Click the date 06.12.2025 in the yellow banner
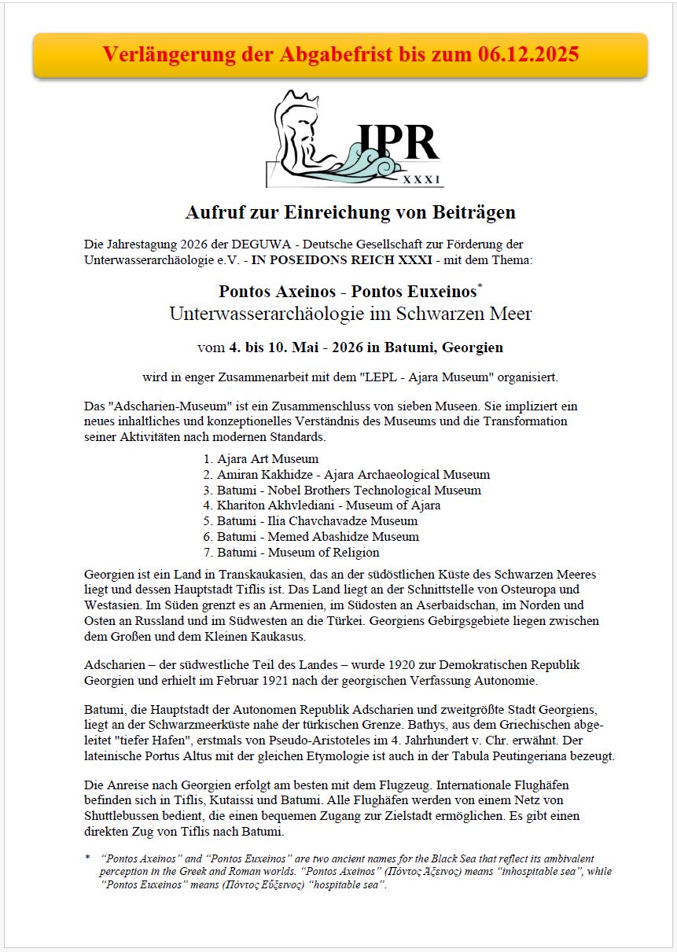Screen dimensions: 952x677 coord(528,54)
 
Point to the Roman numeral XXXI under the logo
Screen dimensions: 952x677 coord(421,179)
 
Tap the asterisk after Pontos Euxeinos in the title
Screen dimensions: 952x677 coord(480,286)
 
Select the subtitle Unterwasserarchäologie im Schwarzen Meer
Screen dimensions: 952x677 coord(351,314)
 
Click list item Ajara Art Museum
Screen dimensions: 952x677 coord(267,459)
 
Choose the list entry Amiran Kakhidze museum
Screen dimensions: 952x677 coord(353,475)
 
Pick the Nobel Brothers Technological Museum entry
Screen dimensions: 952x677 coord(348,490)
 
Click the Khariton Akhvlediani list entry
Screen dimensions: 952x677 coord(329,505)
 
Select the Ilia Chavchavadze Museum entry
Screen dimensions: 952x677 coord(317,521)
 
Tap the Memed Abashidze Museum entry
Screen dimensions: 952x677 coord(318,537)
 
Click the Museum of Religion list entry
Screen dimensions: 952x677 coord(298,552)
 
